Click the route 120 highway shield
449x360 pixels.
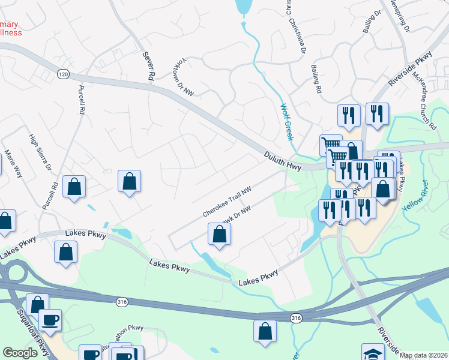[63, 74]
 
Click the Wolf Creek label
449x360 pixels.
[287, 122]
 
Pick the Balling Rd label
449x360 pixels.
[316, 80]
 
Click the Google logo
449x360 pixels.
[20, 353]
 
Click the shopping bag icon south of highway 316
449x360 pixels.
[265, 331]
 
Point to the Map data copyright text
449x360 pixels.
[423, 355]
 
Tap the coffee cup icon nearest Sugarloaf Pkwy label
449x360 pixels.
[50, 319]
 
